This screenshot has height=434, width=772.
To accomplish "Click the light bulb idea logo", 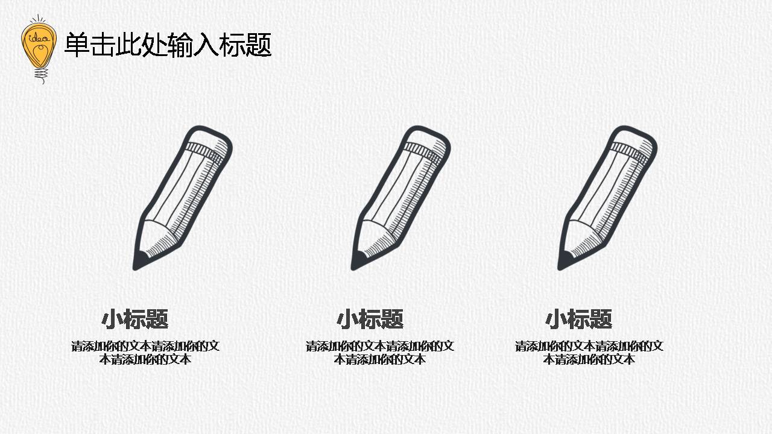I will pos(39,47).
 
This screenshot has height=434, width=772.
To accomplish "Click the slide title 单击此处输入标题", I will pos(168,45).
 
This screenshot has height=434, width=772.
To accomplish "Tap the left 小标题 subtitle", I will pos(134,319).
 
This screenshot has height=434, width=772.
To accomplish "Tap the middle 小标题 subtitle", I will pos(370,319).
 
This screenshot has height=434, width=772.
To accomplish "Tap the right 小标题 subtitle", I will pos(579,319).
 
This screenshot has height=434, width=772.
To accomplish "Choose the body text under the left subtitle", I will pos(145,353).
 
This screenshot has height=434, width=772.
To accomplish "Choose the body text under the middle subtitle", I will pos(380,353).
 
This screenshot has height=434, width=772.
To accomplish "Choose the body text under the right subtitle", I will pos(589,353).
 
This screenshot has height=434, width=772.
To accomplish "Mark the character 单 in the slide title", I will pos(77,45).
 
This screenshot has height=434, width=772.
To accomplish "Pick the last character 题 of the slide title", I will pos(259,45).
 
